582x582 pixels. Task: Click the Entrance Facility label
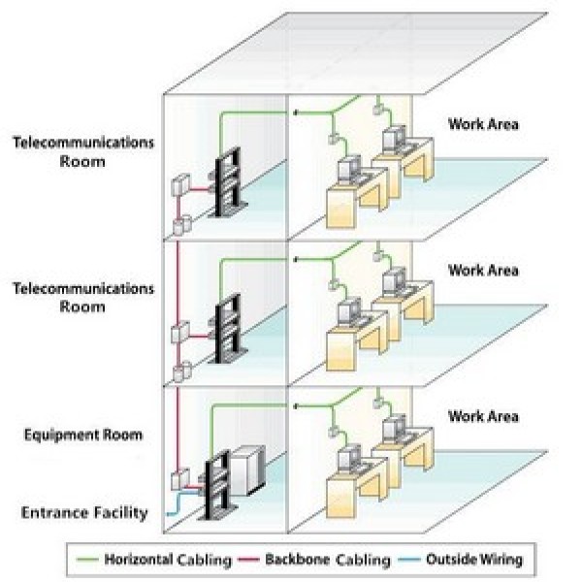[84, 513]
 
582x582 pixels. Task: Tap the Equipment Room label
[83, 435]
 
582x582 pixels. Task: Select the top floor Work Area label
[483, 124]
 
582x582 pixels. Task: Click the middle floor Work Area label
[483, 271]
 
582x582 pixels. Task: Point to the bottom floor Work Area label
[483, 416]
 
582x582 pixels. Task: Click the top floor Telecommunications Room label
[83, 152]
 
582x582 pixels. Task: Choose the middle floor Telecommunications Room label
[83, 298]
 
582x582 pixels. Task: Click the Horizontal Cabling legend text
[168, 560]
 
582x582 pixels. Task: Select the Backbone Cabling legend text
[328, 560]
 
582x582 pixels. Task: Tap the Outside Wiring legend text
[474, 560]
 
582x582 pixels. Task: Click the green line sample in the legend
[87, 560]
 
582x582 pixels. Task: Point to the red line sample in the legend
[248, 560]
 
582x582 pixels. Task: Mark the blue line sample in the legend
[409, 560]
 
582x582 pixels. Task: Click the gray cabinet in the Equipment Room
[247, 470]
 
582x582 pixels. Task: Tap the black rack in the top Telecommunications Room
[229, 182]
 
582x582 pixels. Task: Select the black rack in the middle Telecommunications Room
[229, 329]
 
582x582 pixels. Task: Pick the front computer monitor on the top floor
[349, 169]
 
